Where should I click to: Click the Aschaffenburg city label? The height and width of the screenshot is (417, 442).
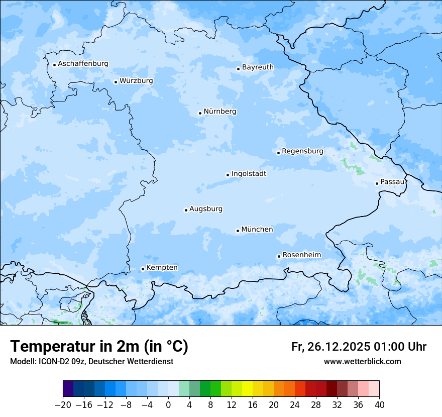click(x=83, y=64)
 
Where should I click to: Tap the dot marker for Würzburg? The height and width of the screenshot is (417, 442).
click(x=116, y=82)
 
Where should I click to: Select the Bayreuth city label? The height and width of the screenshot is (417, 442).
click(x=258, y=67)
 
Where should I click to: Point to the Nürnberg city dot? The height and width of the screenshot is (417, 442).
click(x=200, y=113)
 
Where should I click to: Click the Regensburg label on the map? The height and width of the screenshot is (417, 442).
click(x=302, y=151)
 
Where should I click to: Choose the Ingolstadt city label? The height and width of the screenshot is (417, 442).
click(x=249, y=174)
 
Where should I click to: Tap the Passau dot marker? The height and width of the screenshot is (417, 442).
click(x=377, y=183)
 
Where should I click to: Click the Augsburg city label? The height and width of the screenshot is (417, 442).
click(x=206, y=209)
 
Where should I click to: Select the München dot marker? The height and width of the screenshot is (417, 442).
click(x=238, y=231)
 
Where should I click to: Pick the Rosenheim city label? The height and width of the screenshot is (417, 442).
click(x=301, y=255)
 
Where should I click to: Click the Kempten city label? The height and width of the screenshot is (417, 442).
click(x=162, y=268)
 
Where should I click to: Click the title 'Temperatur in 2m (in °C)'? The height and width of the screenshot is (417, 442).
click(x=99, y=346)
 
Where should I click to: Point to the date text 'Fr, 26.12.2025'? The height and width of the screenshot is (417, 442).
click(x=330, y=347)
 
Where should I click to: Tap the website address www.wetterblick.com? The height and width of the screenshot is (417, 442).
click(x=362, y=361)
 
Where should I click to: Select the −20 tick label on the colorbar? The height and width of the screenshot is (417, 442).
click(x=63, y=404)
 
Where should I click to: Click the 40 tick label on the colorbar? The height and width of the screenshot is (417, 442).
click(x=379, y=404)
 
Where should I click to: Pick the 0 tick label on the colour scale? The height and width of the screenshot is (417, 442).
click(x=168, y=404)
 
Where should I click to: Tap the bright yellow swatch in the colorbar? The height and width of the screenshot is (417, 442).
click(x=247, y=389)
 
